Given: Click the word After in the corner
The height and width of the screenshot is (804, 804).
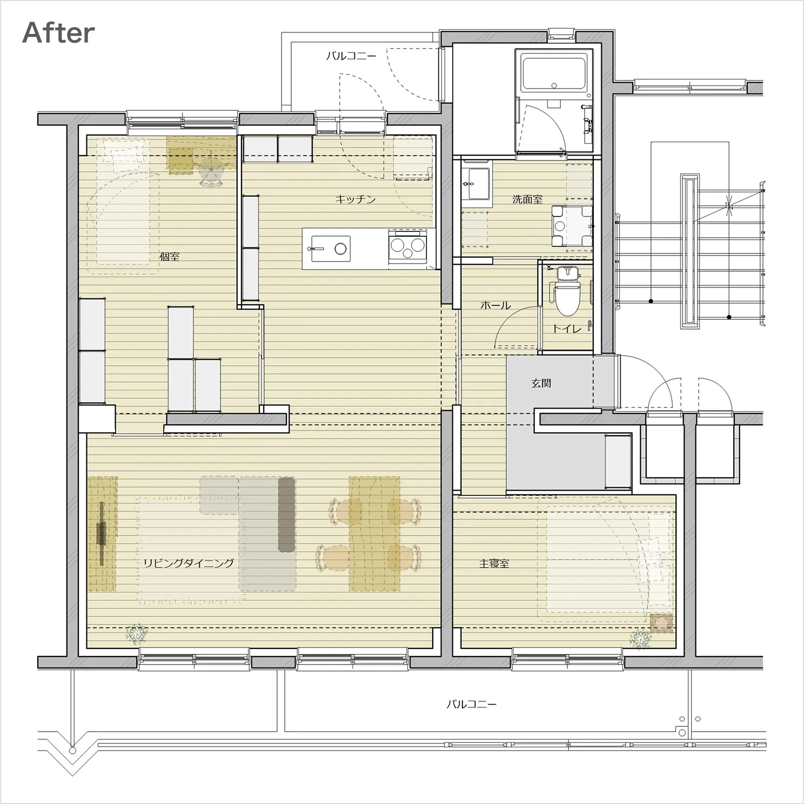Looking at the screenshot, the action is [x=58, y=33].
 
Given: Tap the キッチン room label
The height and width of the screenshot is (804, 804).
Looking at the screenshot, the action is [x=356, y=199].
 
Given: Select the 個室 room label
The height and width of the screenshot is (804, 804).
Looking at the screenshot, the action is [x=170, y=257].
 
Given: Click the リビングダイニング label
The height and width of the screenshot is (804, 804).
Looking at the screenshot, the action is [x=189, y=563].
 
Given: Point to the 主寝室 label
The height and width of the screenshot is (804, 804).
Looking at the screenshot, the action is [x=494, y=564].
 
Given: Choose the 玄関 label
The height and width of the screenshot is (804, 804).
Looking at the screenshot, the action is [x=541, y=383].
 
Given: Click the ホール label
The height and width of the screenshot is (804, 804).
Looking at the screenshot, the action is [x=495, y=305].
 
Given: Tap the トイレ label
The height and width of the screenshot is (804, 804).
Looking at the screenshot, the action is [x=567, y=328].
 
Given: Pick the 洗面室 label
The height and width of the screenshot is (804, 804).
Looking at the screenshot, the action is [x=527, y=199].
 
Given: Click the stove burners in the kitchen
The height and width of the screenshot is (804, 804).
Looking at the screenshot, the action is [x=407, y=247].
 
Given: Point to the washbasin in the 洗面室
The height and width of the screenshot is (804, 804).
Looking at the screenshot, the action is [x=475, y=184].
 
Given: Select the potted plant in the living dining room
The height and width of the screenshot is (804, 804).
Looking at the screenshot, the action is [x=137, y=634].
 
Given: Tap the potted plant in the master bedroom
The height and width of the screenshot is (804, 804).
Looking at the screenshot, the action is [x=640, y=639].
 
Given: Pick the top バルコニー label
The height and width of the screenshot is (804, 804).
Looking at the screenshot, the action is [x=351, y=56].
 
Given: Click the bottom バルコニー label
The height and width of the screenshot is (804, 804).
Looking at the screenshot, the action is [x=471, y=705].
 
